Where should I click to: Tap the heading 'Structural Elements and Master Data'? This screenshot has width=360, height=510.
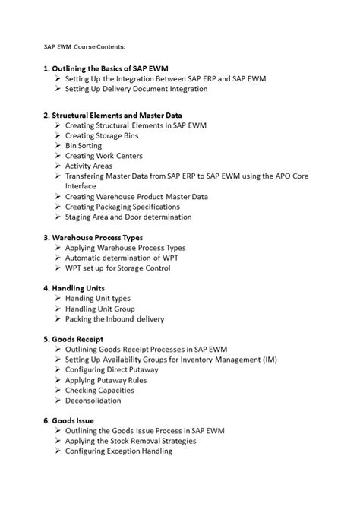coord(124,114)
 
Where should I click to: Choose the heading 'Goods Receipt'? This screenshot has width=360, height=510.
coord(78,339)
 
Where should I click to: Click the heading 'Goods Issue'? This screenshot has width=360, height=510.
coord(74,420)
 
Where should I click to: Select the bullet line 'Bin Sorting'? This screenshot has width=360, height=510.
coord(87,145)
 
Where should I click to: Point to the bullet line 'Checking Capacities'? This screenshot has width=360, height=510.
coord(99,390)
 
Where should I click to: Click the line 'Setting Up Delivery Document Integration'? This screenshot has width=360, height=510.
coord(136,89)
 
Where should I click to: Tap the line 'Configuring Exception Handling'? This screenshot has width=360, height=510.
coord(119,451)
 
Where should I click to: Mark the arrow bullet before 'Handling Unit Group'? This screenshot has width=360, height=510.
coord(58,309)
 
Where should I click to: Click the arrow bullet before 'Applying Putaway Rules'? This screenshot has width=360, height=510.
coord(58,380)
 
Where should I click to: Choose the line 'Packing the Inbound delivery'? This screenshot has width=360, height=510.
coord(115,319)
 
